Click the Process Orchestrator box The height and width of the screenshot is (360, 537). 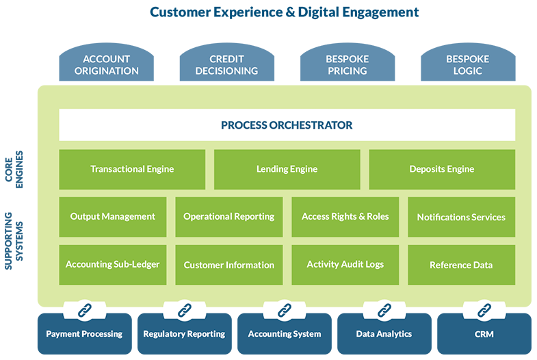(287, 125)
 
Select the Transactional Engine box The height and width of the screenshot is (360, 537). (132, 169)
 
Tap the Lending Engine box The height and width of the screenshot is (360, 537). (287, 169)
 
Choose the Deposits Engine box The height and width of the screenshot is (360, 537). (442, 169)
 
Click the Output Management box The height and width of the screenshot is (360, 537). (113, 217)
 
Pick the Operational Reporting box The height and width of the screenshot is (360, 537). (229, 217)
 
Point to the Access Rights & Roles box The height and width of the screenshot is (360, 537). (345, 217)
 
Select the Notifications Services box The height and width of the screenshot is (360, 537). (462, 217)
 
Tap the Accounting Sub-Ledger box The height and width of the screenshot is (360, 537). (113, 265)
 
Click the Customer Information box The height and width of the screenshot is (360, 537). (229, 265)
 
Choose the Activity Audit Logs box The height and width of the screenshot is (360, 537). (345, 265)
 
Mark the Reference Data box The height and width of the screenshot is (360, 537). (462, 265)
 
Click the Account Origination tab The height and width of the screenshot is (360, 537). (106, 65)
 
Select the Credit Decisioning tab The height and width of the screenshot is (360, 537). (226, 65)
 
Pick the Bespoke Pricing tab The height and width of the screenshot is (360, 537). (347, 65)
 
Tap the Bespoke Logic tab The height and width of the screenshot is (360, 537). (467, 65)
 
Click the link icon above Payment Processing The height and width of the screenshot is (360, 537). (84, 311)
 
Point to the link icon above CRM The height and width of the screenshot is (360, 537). (484, 311)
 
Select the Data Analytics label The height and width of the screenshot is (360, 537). (384, 334)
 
